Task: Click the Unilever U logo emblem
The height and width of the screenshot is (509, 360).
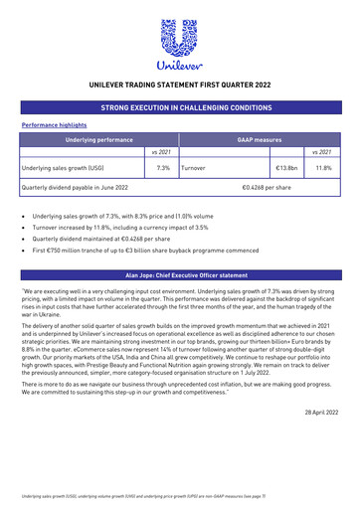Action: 179,37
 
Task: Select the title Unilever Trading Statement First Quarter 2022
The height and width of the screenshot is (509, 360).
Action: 179,86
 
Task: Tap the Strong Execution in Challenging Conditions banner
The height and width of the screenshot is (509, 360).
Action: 179,106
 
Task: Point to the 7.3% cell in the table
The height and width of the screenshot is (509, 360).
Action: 163,168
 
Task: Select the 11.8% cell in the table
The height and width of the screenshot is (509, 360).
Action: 322,168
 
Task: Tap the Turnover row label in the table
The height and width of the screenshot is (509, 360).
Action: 195,168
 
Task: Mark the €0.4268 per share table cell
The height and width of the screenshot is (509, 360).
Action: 267,187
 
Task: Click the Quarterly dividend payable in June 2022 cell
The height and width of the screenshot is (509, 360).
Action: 76,187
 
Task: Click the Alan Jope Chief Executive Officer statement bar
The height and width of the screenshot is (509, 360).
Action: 179,272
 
